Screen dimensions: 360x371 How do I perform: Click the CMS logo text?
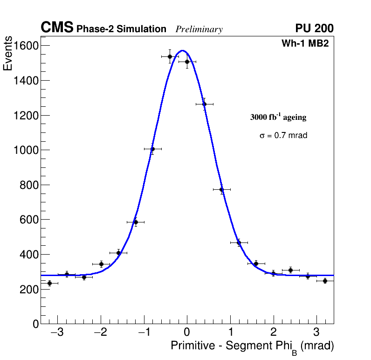(x=57, y=28)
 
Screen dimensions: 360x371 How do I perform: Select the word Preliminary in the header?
(x=199, y=29)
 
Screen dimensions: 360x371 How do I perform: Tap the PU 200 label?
(x=314, y=28)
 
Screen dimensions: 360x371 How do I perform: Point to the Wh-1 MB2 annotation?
(x=305, y=44)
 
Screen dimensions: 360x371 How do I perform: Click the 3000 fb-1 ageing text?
(x=278, y=117)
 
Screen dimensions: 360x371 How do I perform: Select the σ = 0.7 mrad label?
(x=283, y=136)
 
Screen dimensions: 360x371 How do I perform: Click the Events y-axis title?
(x=8, y=53)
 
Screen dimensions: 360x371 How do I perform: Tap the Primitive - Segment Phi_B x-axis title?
(x=252, y=346)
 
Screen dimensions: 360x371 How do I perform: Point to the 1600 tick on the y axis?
(x=26, y=46)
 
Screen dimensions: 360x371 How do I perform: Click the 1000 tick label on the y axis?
(x=26, y=150)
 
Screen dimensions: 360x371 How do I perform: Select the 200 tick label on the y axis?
(x=29, y=289)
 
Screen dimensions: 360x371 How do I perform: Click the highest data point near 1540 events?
(x=170, y=56)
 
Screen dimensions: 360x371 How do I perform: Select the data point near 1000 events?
(x=152, y=149)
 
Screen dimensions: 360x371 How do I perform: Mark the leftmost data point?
(x=49, y=283)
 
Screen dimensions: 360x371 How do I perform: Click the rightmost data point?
(x=325, y=281)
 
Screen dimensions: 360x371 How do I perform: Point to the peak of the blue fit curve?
(x=182, y=50)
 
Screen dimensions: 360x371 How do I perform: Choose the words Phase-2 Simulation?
(x=121, y=29)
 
